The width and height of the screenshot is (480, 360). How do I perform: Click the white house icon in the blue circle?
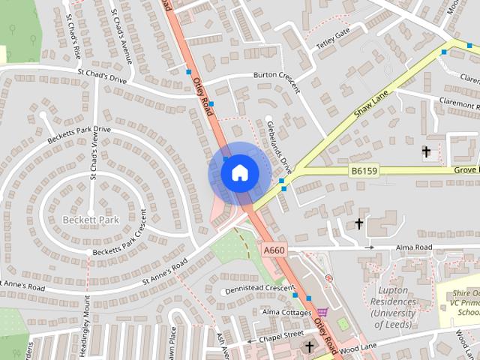coord(238,172)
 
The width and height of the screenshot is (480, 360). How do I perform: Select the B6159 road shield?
coord(364,171)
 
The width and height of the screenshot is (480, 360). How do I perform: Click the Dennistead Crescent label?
coord(259,288)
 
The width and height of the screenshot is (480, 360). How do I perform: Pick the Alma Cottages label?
coord(285,310)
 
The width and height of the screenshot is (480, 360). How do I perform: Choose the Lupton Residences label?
coord(392,307)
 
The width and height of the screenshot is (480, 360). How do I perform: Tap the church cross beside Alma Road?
coord(358,223)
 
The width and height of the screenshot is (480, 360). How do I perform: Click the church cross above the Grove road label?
coord(427,151)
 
